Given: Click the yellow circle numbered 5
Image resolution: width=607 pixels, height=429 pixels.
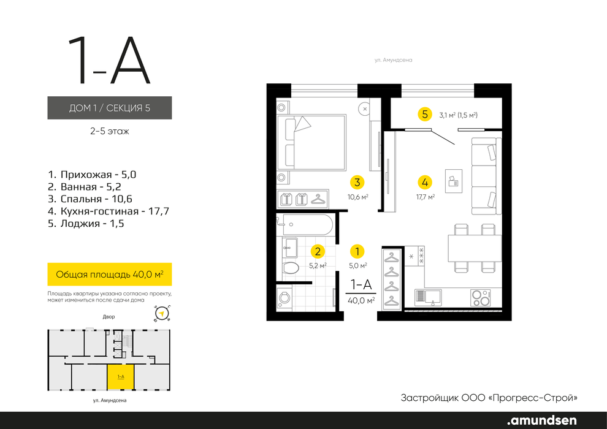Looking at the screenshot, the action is (425, 114).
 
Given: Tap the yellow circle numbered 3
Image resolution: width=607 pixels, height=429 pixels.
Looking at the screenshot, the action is (357, 182).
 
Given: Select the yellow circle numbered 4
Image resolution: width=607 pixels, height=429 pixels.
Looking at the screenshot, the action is (425, 182).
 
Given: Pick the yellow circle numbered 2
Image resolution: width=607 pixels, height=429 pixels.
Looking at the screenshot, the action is (318, 251).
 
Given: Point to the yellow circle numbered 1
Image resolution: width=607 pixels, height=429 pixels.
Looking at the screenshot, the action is (357, 251).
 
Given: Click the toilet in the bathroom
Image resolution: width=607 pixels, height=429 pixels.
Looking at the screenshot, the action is (291, 267).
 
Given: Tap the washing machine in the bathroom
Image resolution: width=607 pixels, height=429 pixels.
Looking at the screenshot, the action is (285, 297).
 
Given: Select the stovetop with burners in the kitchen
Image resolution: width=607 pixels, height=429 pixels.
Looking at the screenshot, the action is (481, 297).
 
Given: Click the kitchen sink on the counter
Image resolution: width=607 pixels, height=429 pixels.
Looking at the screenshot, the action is (428, 297).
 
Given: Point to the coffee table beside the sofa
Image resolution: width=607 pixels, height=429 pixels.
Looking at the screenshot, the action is (454, 181).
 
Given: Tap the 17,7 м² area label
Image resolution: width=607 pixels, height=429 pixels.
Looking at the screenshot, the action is (425, 197).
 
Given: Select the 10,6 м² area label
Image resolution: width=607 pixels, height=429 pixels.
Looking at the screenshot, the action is (357, 197).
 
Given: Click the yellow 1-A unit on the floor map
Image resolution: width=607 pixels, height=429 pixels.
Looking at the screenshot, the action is (121, 376).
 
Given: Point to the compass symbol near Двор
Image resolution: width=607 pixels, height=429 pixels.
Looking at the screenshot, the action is (162, 313).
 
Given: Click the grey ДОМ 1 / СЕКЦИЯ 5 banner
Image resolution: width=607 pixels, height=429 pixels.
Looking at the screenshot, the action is (110, 107).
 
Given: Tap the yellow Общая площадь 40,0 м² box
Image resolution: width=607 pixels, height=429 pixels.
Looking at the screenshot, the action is (110, 275).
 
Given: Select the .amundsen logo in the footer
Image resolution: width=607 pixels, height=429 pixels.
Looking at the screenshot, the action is (541, 420).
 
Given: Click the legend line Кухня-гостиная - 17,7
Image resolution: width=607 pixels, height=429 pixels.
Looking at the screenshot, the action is (109, 211).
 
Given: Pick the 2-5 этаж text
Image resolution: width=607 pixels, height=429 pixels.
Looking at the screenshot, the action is (110, 131).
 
